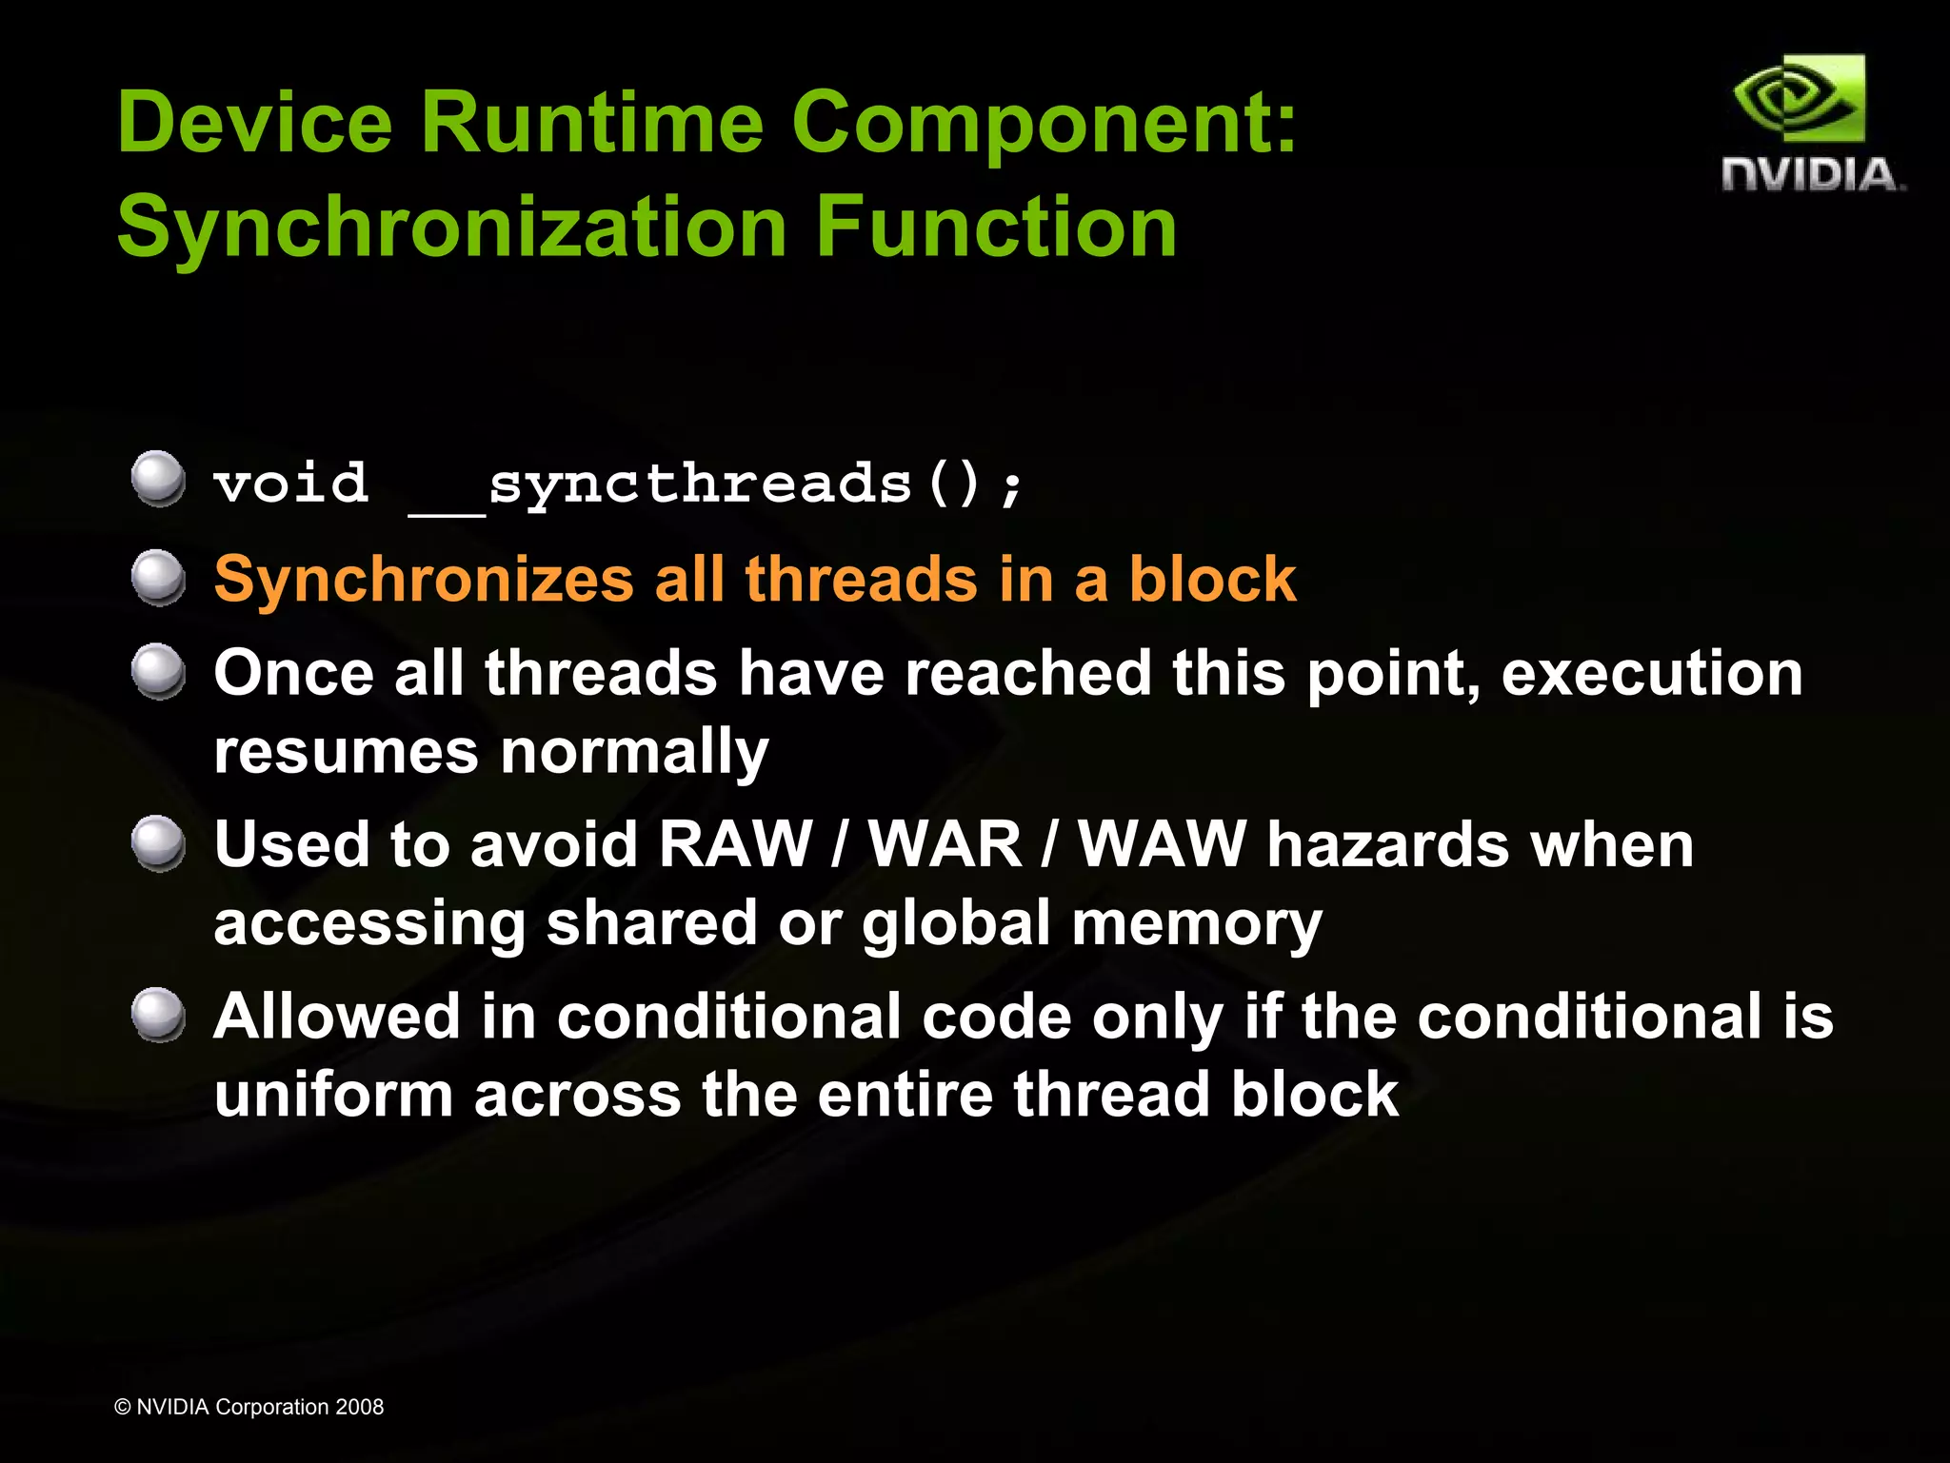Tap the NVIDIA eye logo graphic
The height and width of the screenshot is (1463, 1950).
(x=1799, y=99)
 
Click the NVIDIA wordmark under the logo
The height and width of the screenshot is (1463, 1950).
(x=1812, y=175)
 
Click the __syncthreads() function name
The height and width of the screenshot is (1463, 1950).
(x=714, y=485)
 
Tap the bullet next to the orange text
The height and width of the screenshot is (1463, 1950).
(x=158, y=577)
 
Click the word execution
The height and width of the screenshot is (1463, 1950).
(x=1651, y=674)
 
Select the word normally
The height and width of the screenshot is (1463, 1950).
(x=634, y=753)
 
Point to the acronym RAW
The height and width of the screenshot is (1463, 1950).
(x=735, y=845)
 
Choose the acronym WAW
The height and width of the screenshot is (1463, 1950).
(x=1162, y=845)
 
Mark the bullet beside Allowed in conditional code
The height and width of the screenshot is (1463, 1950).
(x=158, y=1015)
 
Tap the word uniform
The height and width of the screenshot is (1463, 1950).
(x=333, y=1094)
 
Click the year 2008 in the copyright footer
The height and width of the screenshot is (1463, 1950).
(x=359, y=1407)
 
